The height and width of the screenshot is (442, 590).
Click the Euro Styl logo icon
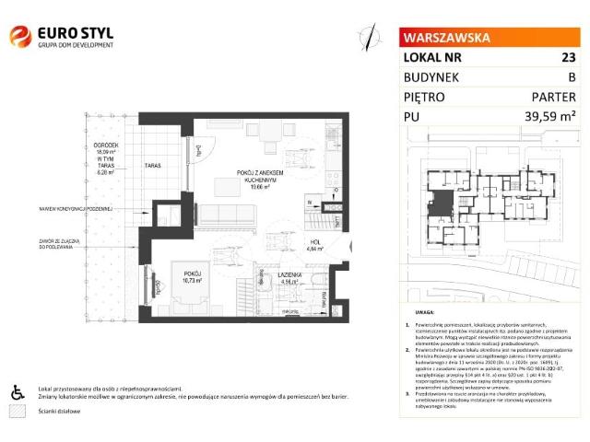[19, 36]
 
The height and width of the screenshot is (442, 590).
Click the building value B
[572, 76]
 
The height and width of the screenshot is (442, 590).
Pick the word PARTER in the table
[554, 96]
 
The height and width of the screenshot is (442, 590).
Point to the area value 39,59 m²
[549, 116]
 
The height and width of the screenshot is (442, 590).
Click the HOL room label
[313, 242]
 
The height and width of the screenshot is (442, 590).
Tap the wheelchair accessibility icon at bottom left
[17, 392]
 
